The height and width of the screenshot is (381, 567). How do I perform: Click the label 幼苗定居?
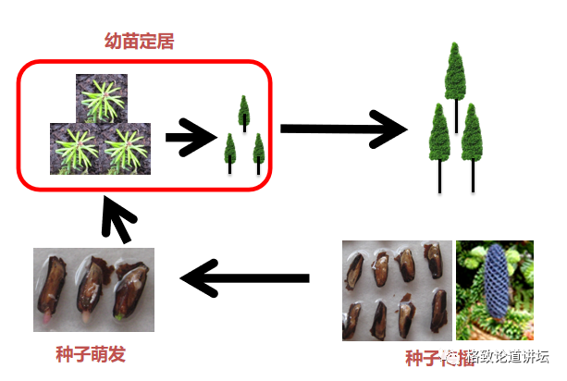coord(141,41)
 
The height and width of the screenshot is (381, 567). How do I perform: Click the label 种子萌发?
coord(90,354)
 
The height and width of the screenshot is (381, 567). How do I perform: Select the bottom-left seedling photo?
coord(75,149)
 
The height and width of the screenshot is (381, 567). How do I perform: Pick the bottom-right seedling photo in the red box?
coord(128,149)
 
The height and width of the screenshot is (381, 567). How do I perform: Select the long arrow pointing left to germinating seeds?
coord(244,277)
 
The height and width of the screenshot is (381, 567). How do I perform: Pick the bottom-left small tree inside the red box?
coord(229,150)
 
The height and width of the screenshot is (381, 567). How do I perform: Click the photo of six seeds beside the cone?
coord(397,290)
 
